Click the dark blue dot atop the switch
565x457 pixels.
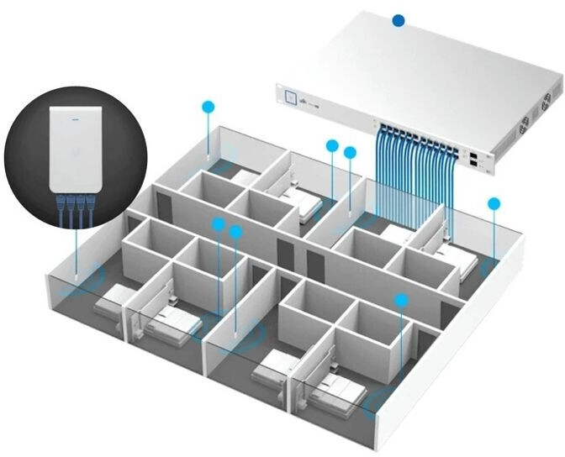pyautogui.click(x=399, y=19)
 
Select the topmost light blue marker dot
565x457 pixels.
pyautogui.click(x=209, y=107)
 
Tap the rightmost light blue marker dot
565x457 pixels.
pyautogui.click(x=494, y=203)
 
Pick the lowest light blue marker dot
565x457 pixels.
pyautogui.click(x=401, y=300)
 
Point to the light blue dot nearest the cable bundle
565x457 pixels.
pyautogui.click(x=350, y=152)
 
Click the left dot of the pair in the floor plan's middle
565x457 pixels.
pyautogui.click(x=219, y=224)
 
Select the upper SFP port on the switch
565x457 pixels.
pyautogui.click(x=475, y=155)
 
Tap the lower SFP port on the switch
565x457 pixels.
pyautogui.click(x=477, y=165)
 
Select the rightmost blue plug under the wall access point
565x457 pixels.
pyautogui.click(x=89, y=202)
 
